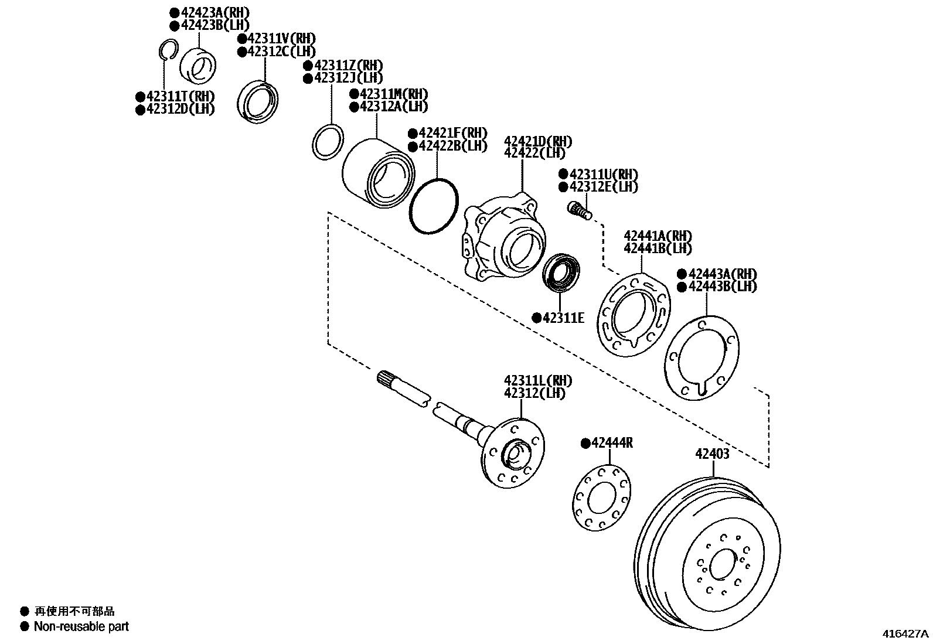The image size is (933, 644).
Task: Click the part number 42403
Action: pyautogui.click(x=712, y=454)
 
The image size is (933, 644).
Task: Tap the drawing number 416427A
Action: pyautogui.click(x=906, y=633)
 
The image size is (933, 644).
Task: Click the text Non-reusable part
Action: pyautogui.click(x=81, y=626)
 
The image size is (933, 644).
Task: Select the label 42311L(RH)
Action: pyautogui.click(x=538, y=380)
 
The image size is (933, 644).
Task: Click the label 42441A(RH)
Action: pyautogui.click(x=658, y=236)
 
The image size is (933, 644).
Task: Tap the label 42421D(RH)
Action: pyautogui.click(x=538, y=142)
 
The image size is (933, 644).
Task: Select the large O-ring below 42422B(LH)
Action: pyautogui.click(x=434, y=206)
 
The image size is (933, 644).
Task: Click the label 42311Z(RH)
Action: pyautogui.click(x=343, y=65)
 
